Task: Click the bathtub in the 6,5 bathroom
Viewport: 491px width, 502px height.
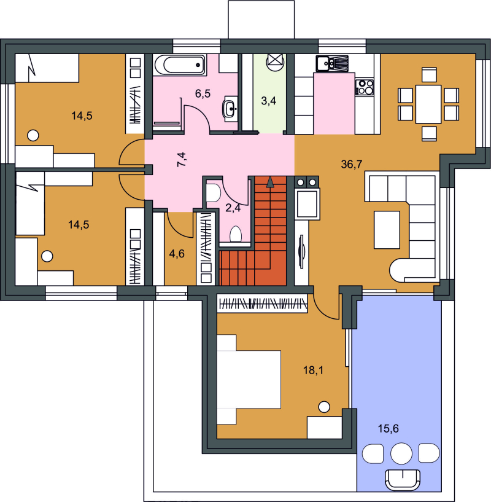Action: click(180, 65)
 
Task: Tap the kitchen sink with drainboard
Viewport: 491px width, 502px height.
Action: click(331, 63)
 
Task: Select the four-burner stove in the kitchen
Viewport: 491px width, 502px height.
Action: click(365, 87)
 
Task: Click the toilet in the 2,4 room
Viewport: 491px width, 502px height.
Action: click(236, 233)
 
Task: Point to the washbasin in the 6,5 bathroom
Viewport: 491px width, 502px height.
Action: click(230, 109)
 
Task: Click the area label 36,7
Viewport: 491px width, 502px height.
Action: click(352, 164)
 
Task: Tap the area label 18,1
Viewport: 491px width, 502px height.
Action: click(313, 371)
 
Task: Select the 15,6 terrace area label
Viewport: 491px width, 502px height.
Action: click(389, 428)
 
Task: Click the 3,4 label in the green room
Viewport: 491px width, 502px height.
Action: click(269, 101)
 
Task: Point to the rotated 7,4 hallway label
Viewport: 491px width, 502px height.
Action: click(182, 159)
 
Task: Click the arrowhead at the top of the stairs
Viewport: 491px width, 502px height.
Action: click(270, 181)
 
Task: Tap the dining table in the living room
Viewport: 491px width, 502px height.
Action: click(428, 104)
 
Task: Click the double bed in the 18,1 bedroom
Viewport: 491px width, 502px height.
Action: click(249, 379)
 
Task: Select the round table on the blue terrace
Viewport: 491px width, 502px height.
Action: click(401, 453)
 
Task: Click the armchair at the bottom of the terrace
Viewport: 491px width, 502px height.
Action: click(403, 480)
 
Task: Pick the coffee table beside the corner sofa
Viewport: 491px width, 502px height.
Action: click(387, 230)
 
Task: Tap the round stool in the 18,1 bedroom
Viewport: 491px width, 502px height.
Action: click(324, 407)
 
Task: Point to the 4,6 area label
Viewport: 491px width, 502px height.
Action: click(177, 254)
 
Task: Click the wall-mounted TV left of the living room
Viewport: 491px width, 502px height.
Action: click(301, 251)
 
